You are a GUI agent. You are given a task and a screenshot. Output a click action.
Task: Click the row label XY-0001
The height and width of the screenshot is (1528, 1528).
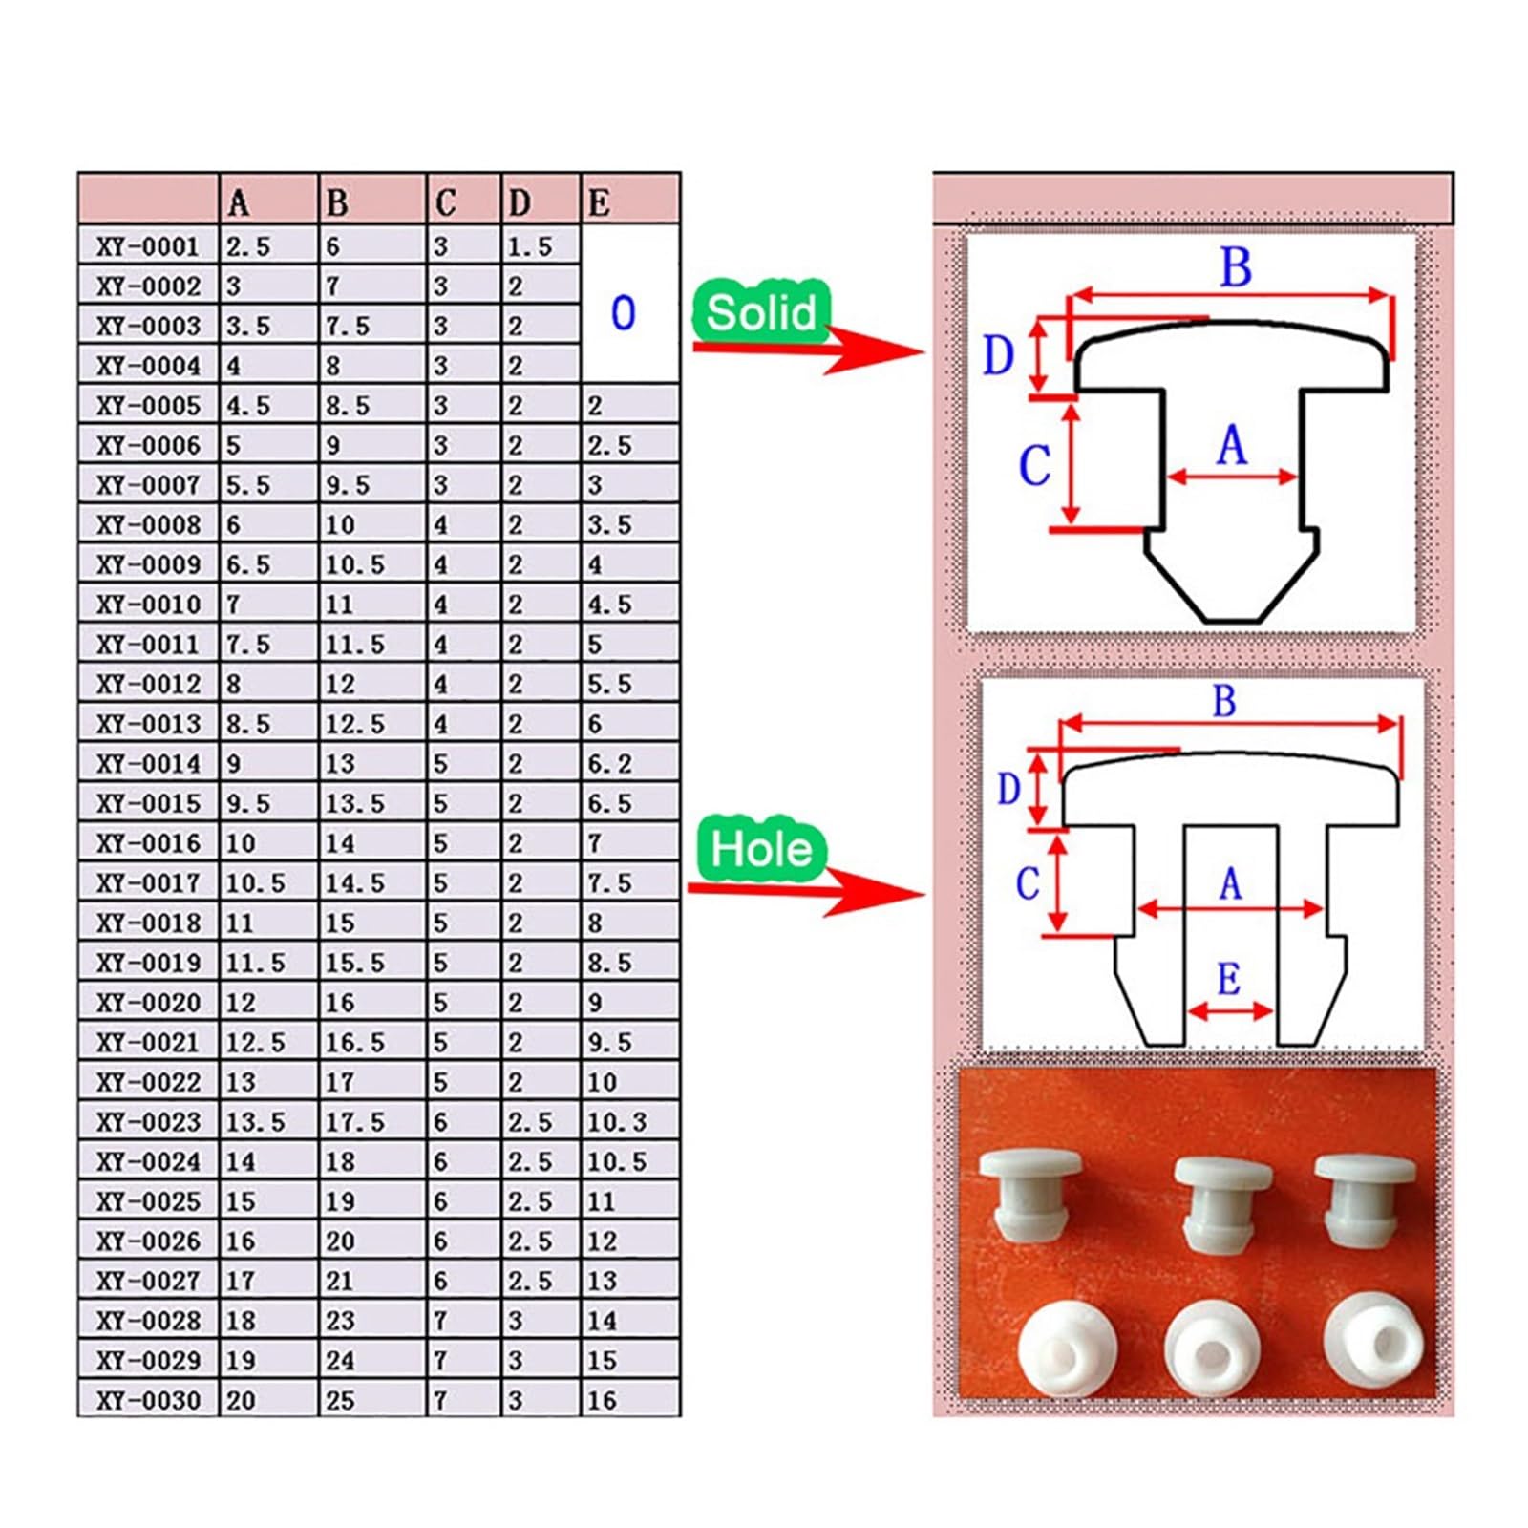tap(148, 247)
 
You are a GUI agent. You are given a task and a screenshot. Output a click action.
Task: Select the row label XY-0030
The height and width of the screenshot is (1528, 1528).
tap(148, 1401)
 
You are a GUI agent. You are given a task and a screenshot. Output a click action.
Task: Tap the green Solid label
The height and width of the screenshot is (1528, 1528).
tap(762, 312)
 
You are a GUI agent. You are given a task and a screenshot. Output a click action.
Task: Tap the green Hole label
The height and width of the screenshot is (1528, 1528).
tap(761, 849)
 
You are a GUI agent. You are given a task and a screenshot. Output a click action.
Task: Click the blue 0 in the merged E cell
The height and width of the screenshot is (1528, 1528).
tap(623, 313)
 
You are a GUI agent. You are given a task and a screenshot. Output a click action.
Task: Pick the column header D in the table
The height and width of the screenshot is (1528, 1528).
tap(520, 203)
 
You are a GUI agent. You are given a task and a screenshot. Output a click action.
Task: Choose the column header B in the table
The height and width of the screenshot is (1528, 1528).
tap(337, 203)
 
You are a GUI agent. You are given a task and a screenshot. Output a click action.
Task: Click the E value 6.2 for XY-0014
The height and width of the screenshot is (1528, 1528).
tap(609, 764)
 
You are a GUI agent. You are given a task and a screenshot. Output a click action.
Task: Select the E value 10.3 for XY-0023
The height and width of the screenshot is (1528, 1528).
tap(617, 1122)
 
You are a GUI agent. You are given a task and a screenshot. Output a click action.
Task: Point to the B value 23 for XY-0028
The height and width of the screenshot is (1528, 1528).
tap(340, 1321)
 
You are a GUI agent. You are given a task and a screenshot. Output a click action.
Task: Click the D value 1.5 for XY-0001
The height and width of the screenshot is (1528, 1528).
tap(530, 247)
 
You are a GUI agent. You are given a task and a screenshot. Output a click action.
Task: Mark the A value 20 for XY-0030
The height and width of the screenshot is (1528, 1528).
tap(241, 1401)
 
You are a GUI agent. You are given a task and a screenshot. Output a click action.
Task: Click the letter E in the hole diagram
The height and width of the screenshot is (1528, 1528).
tap(1229, 979)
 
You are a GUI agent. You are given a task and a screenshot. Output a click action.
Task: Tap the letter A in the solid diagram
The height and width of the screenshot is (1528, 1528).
tap(1232, 445)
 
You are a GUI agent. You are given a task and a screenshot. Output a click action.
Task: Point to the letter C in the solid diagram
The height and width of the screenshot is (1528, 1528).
tap(1034, 466)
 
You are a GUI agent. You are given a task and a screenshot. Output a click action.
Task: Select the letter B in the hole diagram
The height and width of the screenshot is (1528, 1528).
tap(1224, 701)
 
